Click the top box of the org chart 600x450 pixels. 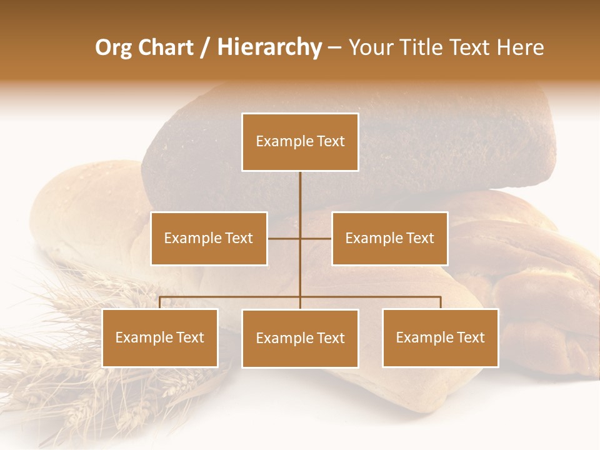coord(300,142)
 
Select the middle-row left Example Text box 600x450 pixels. coord(209,238)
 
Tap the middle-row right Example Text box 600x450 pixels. coord(389,238)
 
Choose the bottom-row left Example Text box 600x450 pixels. coord(160,337)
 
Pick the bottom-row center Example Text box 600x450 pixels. coord(300,338)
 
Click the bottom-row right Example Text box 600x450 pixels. coord(440,337)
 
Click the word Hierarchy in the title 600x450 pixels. coord(269,47)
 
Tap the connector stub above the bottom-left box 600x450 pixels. coord(160,302)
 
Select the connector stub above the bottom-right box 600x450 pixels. coord(440,302)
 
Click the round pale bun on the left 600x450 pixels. coord(81,212)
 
